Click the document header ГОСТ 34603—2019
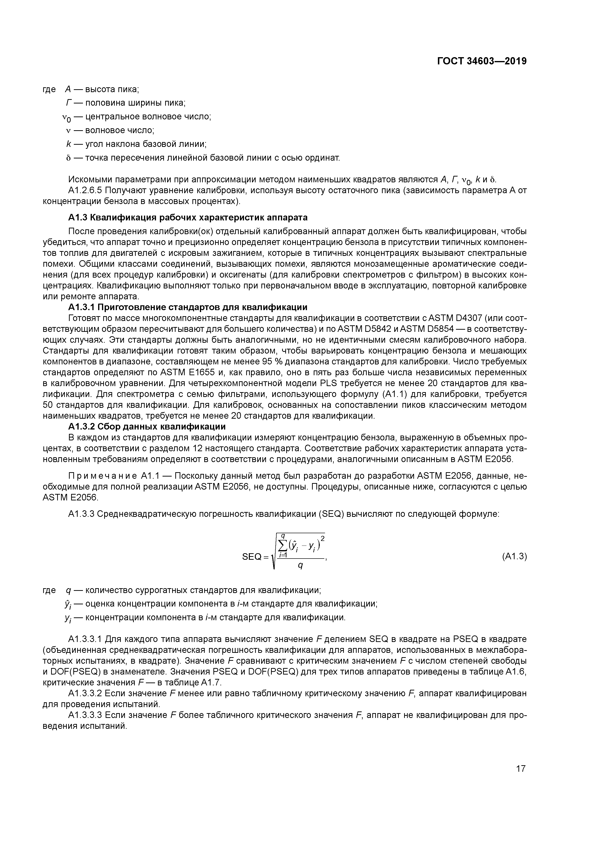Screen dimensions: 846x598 coord(482,61)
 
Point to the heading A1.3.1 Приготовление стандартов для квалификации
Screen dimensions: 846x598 coord(188,307)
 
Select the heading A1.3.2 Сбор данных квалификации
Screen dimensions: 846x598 coord(147,426)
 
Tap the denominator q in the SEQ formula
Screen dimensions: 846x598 coord(300,566)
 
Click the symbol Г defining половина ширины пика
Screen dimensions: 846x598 coord(68,103)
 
